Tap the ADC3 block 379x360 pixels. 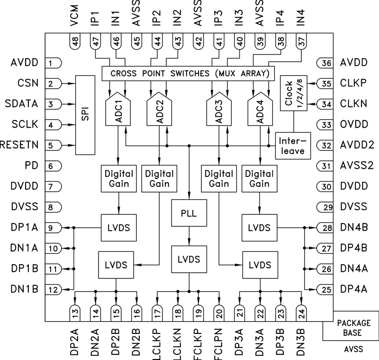click(x=218, y=112)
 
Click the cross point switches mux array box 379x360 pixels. click(x=188, y=74)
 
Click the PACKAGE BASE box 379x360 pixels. click(x=350, y=327)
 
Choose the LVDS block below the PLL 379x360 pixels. click(x=189, y=259)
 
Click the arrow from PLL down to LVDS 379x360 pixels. click(x=189, y=234)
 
